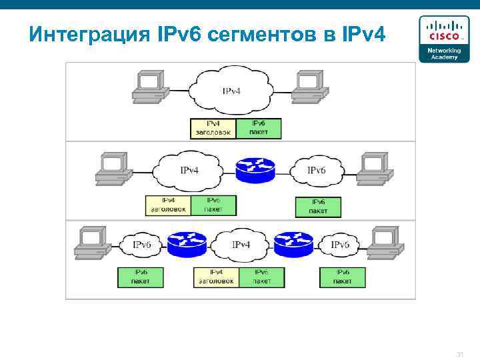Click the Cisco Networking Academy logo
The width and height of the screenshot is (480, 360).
(x=443, y=39)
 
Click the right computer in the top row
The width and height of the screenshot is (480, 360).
(x=307, y=87)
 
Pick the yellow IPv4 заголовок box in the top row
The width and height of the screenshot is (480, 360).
(x=213, y=129)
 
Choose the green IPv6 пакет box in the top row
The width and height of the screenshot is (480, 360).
(x=259, y=129)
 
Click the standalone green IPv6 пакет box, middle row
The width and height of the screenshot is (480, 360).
(x=318, y=207)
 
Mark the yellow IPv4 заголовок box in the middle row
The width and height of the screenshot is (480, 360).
(x=169, y=205)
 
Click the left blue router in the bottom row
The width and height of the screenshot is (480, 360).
(x=186, y=245)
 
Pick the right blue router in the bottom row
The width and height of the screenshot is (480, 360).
(x=293, y=245)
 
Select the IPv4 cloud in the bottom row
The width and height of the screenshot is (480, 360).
(x=241, y=245)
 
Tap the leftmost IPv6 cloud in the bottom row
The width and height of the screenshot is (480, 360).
(x=141, y=245)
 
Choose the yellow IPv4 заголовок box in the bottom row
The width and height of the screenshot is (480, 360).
(x=216, y=277)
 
